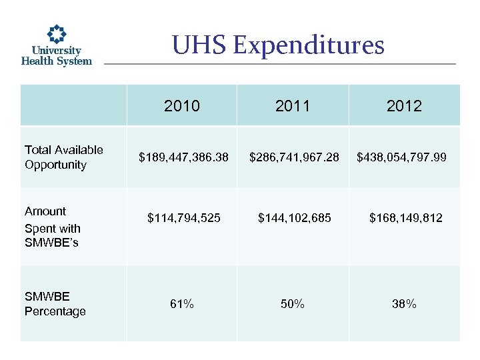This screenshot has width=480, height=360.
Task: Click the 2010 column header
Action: [x=181, y=106]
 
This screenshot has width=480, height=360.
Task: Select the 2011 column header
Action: [x=292, y=106]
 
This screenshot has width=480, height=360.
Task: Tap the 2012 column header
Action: [x=404, y=106]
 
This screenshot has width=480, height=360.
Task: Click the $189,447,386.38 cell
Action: [x=183, y=158]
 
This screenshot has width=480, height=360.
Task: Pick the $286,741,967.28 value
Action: [x=294, y=158]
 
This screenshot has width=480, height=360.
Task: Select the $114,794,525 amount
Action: [x=183, y=218]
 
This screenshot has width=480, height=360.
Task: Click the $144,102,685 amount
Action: [x=294, y=218]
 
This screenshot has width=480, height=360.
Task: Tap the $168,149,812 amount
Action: [x=406, y=218]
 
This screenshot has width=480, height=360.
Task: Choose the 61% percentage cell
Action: [x=182, y=304]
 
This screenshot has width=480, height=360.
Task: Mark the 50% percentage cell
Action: [x=293, y=304]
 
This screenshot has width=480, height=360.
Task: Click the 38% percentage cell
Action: [x=405, y=304]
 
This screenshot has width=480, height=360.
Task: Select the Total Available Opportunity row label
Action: [x=64, y=157]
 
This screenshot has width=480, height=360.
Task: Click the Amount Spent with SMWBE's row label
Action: [x=52, y=227]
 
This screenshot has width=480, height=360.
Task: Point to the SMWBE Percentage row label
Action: [x=55, y=304]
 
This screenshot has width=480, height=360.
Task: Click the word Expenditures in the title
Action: [x=309, y=45]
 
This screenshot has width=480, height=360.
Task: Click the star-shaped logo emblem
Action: [x=57, y=33]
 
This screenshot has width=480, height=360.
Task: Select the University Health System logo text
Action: [x=57, y=55]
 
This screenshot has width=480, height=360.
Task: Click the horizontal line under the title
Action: [x=280, y=64]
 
